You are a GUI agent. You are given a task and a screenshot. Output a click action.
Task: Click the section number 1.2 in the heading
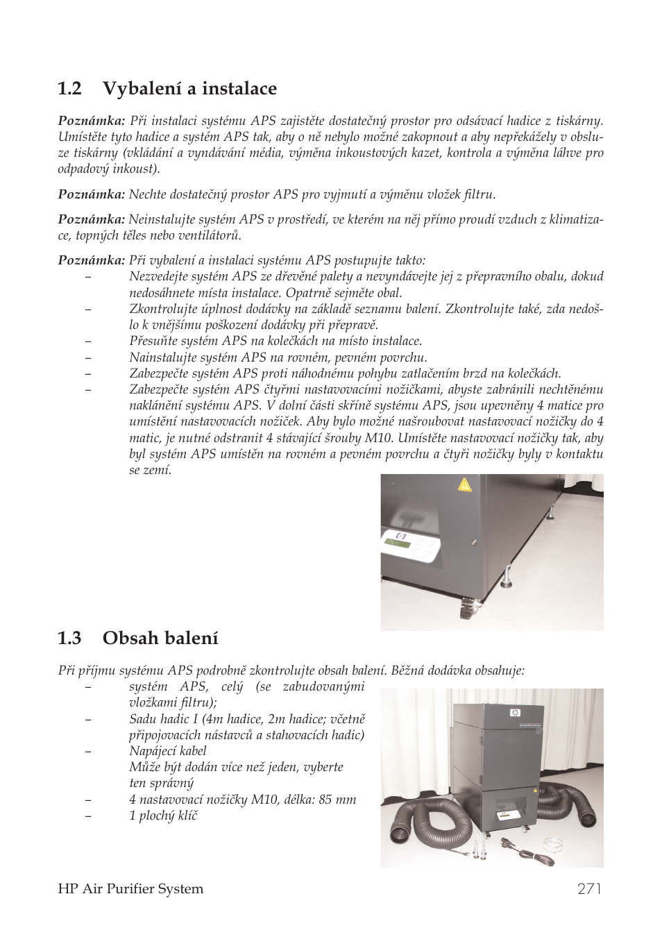tap(70, 89)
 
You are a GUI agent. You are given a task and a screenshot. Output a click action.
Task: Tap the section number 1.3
tap(70, 638)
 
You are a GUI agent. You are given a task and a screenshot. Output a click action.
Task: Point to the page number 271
tap(589, 888)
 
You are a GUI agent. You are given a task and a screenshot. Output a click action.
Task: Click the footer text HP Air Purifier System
tap(130, 889)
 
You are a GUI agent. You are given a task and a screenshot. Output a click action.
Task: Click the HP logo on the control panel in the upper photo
tap(400, 536)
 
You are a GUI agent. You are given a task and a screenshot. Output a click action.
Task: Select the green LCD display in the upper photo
tap(397, 543)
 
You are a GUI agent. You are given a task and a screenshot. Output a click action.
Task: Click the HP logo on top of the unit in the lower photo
tap(514, 712)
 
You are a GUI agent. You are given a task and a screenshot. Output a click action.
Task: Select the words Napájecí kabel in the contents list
tap(167, 751)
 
